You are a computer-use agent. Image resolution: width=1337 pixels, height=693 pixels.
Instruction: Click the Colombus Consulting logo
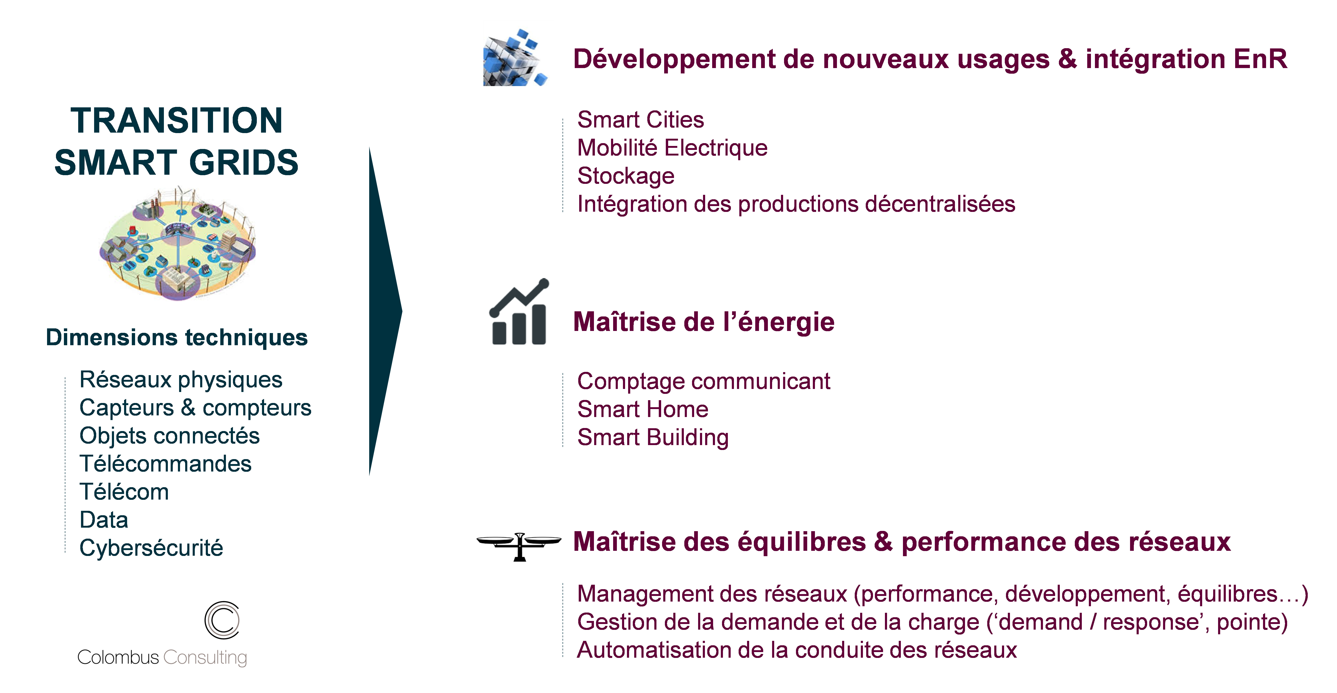tap(161, 634)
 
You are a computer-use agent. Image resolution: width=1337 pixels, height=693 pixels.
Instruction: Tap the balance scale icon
tap(519, 541)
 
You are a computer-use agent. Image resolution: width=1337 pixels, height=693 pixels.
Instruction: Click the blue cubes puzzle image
tap(519, 53)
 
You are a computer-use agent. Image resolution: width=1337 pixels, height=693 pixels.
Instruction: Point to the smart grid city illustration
tap(177, 243)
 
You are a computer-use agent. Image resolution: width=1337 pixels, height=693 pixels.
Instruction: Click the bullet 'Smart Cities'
tap(641, 120)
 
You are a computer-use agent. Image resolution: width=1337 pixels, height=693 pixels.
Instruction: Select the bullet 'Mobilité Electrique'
tap(672, 148)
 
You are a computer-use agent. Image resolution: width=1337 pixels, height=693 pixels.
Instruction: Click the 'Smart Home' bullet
tap(643, 409)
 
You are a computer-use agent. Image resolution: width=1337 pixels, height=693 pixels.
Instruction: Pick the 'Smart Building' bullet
tap(653, 437)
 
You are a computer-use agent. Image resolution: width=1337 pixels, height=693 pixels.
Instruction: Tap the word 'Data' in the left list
tap(104, 520)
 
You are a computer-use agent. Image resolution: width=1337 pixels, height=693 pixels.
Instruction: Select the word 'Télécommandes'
tap(165, 464)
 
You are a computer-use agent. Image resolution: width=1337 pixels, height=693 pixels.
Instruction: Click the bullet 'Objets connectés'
tap(169, 436)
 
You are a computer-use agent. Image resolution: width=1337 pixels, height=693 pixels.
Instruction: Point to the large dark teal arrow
tap(384, 311)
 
